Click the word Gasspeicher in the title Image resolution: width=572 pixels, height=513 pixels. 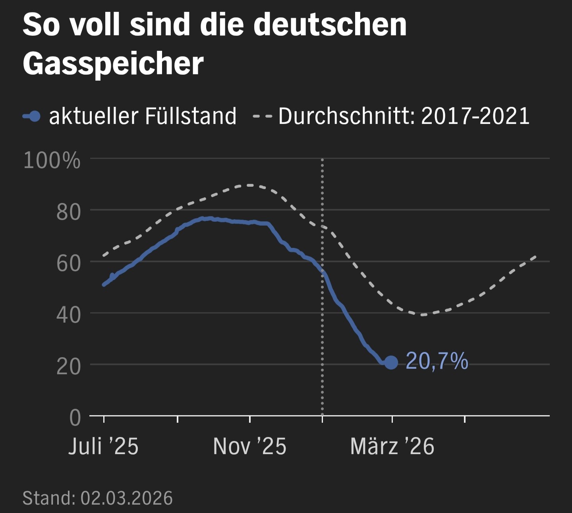[x=113, y=64]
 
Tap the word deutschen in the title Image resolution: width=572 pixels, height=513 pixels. [x=330, y=25]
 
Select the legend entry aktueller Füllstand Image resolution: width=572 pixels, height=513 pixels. [x=142, y=116]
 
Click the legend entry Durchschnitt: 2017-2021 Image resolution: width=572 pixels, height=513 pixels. [x=404, y=116]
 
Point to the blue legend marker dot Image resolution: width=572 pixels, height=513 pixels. [x=35, y=116]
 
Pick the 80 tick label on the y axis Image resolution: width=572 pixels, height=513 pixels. [x=68, y=212]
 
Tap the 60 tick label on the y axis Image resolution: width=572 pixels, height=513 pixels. [x=68, y=263]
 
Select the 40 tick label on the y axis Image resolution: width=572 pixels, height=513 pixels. [x=68, y=315]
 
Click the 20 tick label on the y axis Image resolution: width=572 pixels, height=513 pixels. [x=68, y=367]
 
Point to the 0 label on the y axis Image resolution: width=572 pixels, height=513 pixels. [x=75, y=418]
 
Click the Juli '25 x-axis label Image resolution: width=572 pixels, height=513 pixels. [x=103, y=446]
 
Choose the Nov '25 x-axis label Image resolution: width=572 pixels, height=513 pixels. [x=249, y=446]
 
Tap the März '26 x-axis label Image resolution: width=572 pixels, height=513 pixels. [x=392, y=446]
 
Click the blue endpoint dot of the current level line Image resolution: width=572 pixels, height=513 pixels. [x=391, y=362]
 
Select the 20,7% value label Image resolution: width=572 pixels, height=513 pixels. [x=437, y=362]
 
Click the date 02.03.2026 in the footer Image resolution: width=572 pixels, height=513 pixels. [x=127, y=498]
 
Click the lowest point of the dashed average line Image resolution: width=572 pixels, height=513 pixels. [x=423, y=315]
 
